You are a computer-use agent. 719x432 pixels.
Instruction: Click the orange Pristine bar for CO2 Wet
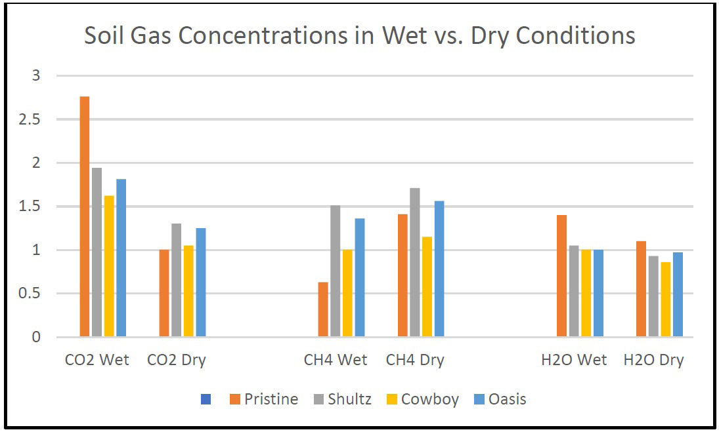[x=85, y=217]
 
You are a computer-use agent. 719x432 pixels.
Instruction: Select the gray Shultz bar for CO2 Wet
[x=97, y=252]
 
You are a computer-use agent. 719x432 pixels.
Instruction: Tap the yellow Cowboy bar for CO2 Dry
[x=188, y=291]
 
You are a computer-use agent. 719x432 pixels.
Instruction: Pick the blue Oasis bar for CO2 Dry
[x=200, y=283]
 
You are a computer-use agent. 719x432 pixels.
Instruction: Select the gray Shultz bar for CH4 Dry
[x=414, y=262]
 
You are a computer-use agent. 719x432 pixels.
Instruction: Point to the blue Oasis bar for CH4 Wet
[x=360, y=278]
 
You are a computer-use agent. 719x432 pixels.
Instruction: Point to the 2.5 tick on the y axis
[x=31, y=120]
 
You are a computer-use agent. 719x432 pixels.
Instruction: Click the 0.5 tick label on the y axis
[x=31, y=294]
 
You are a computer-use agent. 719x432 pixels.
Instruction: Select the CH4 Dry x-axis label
[x=415, y=360]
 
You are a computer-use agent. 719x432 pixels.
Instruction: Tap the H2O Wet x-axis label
[x=575, y=360]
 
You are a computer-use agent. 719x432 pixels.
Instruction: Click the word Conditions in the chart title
[x=575, y=35]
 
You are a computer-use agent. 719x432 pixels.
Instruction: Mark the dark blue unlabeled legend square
[x=206, y=399]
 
